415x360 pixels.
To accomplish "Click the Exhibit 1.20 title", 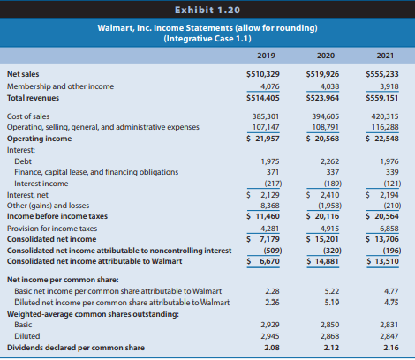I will pos(207,9).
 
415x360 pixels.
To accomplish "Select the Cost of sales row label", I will pos(27,116).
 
